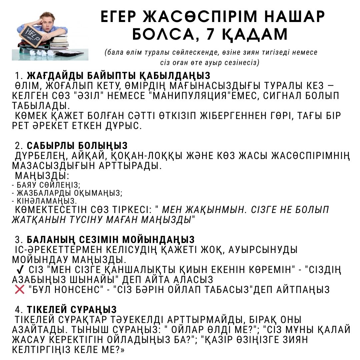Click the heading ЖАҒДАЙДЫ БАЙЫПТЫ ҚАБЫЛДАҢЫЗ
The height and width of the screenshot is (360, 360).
118,76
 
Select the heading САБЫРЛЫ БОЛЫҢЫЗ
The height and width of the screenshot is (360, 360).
77,146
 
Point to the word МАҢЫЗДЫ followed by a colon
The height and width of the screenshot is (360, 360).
42,176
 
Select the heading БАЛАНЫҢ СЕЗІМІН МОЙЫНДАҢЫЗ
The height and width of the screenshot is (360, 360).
111,239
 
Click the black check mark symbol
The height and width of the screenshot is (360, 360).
20,270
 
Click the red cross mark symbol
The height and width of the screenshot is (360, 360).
20,290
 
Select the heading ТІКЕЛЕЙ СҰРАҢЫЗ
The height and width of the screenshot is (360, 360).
72,309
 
